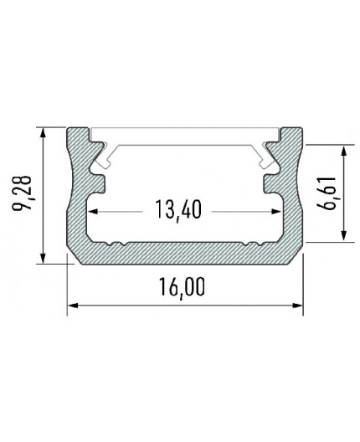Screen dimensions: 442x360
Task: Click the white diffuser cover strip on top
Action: [184, 132]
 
